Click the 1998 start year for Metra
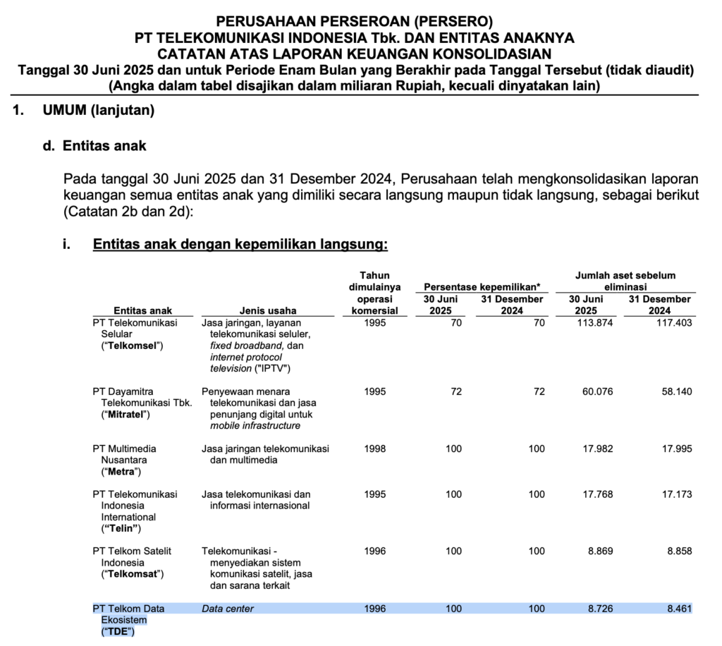pyautogui.click(x=375, y=449)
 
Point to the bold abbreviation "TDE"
pyautogui.click(x=118, y=631)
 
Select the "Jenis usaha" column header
pyautogui.click(x=268, y=310)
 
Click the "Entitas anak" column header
pyautogui.click(x=142, y=310)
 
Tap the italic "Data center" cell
pyautogui.click(x=228, y=608)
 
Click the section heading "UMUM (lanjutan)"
pyautogui.click(x=98, y=111)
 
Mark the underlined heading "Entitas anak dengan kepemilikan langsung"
pyautogui.click(x=240, y=245)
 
